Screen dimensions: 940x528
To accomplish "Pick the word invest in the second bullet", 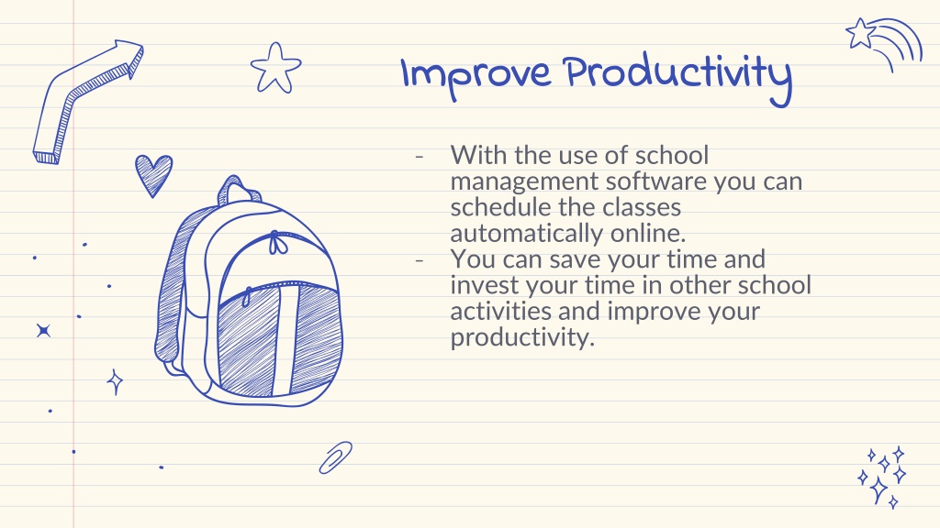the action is (x=485, y=284).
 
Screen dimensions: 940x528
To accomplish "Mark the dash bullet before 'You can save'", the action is (x=419, y=260).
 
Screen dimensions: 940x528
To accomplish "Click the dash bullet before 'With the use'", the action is (x=419, y=156).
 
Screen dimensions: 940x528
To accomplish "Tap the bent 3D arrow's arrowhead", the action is (x=130, y=58).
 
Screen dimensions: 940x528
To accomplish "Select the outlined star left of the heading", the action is (x=275, y=68).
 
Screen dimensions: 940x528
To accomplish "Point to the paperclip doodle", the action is (x=336, y=458).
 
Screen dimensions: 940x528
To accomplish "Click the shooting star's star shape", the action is (x=861, y=34).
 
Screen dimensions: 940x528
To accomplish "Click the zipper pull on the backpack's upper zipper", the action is (x=276, y=242).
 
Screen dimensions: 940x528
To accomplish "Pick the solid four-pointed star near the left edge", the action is (x=43, y=330).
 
